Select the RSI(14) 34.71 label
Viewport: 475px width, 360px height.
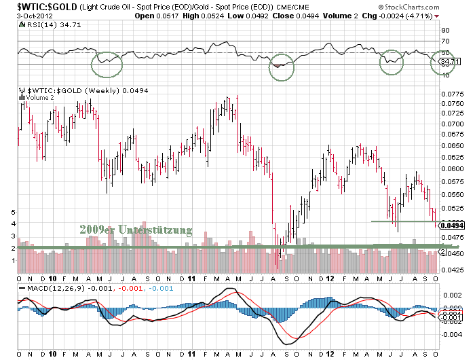[x=43, y=23]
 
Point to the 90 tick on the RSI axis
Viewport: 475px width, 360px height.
[x=446, y=31]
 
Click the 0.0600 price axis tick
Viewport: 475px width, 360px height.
[x=451, y=168]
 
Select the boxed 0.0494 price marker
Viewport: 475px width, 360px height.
[x=451, y=225]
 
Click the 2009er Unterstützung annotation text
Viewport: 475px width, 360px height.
[x=135, y=230]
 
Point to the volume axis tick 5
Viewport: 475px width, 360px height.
[x=14, y=212]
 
